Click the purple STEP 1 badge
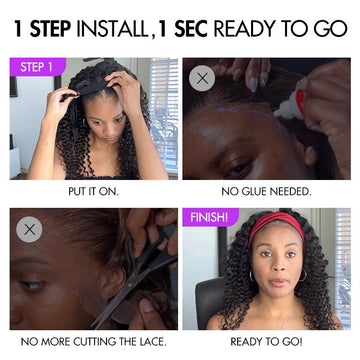pos(38,67)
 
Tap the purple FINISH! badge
pos(210,217)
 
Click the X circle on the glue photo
pos(202,79)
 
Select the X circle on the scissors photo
pos(29,229)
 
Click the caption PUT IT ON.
pos(94,192)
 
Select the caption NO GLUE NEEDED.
pos(266,192)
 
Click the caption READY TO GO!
pos(266,342)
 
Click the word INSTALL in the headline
pos(112,29)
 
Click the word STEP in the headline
pos(50,29)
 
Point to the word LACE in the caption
pos(154,342)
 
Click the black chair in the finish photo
pos(209,303)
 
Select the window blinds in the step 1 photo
pos(164,113)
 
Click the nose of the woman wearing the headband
pos(277,268)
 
